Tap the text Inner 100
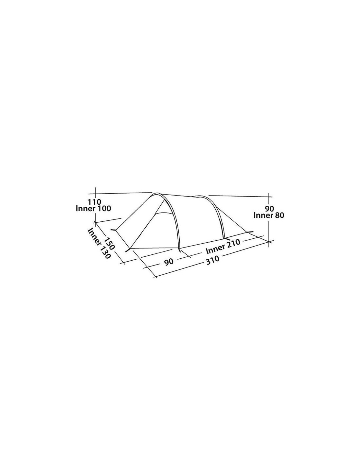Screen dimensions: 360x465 pos(93,208)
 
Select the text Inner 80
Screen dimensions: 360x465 pos(269,215)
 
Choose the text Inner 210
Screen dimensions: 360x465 pos(223,246)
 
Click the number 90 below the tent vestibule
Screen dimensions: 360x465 pos(169,261)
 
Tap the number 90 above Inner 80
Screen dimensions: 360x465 pos(269,208)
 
